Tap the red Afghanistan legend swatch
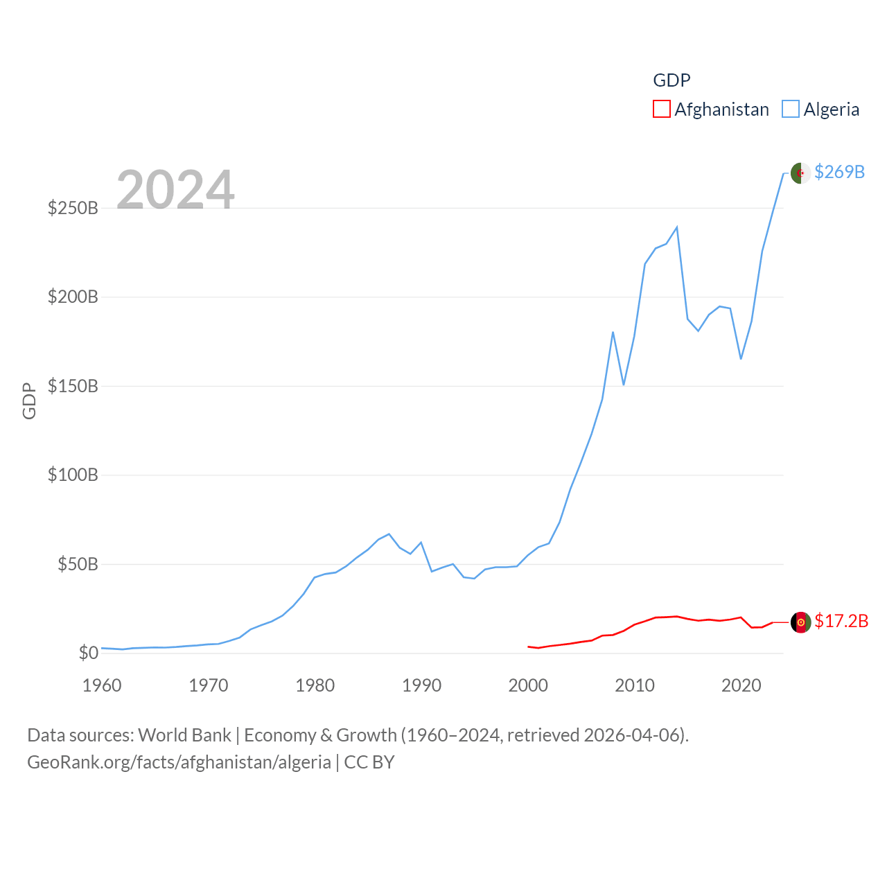(x=662, y=109)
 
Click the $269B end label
(x=839, y=172)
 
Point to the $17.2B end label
(x=841, y=621)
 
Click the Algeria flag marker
(x=800, y=173)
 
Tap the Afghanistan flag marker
(x=800, y=622)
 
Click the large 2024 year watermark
(x=175, y=189)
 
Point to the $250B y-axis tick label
(x=73, y=208)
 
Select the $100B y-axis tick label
(x=73, y=475)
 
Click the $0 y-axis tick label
(x=88, y=653)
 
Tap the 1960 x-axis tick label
(x=102, y=685)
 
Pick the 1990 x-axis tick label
(x=421, y=685)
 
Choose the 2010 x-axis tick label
(x=635, y=685)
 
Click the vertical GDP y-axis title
(x=29, y=401)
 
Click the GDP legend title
(x=671, y=80)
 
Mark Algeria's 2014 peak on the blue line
(x=676, y=227)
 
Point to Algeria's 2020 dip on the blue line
(x=741, y=358)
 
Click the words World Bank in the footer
(x=184, y=735)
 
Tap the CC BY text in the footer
(x=369, y=762)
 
